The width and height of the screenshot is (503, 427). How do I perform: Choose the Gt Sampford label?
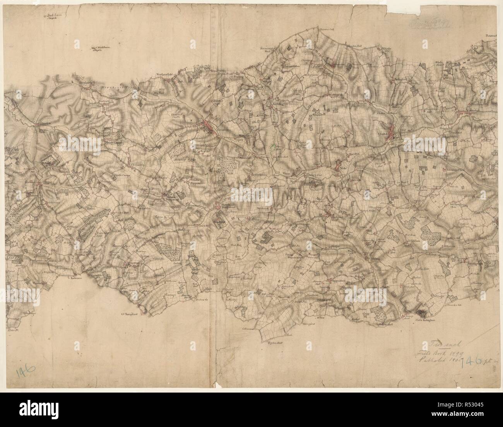click(x=129, y=314)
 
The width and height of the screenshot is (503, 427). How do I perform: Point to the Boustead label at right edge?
click(x=493, y=36)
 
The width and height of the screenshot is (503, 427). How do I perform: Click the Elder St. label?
click(x=12, y=330)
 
